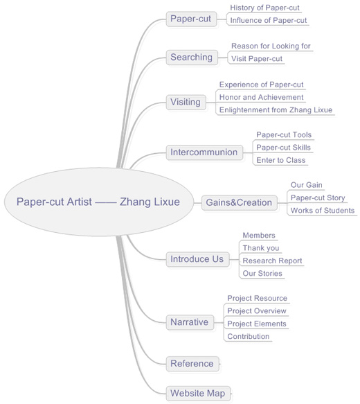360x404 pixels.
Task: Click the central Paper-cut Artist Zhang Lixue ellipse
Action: click(99, 202)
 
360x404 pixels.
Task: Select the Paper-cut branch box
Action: click(191, 19)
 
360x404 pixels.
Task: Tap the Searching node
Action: click(192, 58)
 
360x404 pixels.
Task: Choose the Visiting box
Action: click(186, 102)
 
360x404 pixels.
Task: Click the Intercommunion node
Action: click(204, 152)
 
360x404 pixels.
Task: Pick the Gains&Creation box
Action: click(240, 202)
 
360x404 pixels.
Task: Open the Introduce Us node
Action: click(197, 259)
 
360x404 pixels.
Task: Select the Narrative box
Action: click(190, 322)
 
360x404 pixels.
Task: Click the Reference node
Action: click(192, 364)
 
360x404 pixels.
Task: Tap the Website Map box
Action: click(198, 393)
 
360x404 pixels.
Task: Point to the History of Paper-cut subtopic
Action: click(264, 8)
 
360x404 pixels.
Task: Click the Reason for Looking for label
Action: click(271, 46)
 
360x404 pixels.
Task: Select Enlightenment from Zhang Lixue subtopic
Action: click(276, 110)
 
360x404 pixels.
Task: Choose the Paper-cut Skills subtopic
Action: click(284, 148)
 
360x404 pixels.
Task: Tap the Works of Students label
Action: click(323, 211)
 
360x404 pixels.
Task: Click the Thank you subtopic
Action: click(261, 248)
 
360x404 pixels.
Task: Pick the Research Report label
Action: click(272, 261)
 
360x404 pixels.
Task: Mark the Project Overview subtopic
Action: click(257, 311)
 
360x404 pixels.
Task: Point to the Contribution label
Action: click(249, 336)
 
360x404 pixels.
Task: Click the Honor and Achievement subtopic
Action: click(262, 98)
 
